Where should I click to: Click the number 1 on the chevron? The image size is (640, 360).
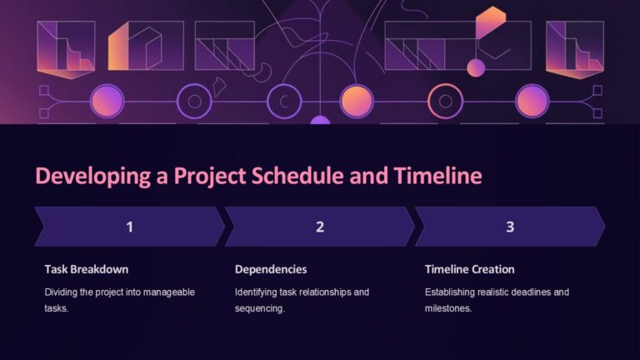click(129, 227)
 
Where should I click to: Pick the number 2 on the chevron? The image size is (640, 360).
click(319, 227)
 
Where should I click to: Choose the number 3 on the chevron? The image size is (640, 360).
click(510, 227)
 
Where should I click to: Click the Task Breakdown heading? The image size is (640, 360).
click(86, 269)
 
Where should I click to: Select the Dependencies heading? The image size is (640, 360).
click(271, 269)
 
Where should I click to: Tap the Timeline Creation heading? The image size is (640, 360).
click(469, 269)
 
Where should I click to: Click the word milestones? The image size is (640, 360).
click(447, 308)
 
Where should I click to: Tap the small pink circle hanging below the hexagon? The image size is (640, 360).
click(476, 67)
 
